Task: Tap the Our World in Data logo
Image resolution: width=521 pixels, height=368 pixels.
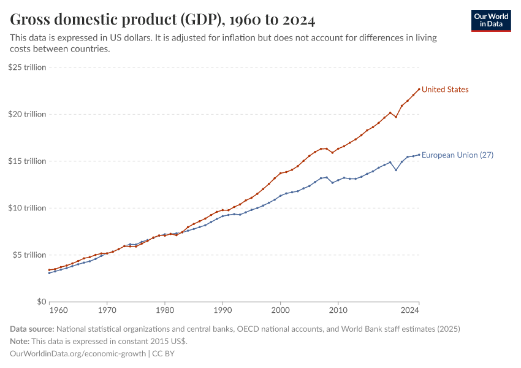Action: pyautogui.click(x=491, y=20)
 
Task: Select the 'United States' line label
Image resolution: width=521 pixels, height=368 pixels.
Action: pyautogui.click(x=445, y=90)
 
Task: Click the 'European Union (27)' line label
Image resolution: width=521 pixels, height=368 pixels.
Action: pyautogui.click(x=457, y=155)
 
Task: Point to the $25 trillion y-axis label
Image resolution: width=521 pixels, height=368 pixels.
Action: pyautogui.click(x=27, y=67)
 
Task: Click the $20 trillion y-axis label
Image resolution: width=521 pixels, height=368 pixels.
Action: pyautogui.click(x=27, y=114)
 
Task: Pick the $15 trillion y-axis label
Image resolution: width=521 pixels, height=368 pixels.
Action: pyautogui.click(x=27, y=161)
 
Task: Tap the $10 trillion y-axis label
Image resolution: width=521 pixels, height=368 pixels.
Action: pyautogui.click(x=27, y=208)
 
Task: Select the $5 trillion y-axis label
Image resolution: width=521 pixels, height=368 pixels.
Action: pyautogui.click(x=29, y=255)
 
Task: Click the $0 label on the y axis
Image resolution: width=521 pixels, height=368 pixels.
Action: pyautogui.click(x=41, y=302)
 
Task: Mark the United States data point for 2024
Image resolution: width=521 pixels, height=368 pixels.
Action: pyautogui.click(x=419, y=89)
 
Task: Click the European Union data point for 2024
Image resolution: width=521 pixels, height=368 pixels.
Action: pyautogui.click(x=419, y=155)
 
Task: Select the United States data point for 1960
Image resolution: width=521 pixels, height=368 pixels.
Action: pyautogui.click(x=49, y=270)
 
